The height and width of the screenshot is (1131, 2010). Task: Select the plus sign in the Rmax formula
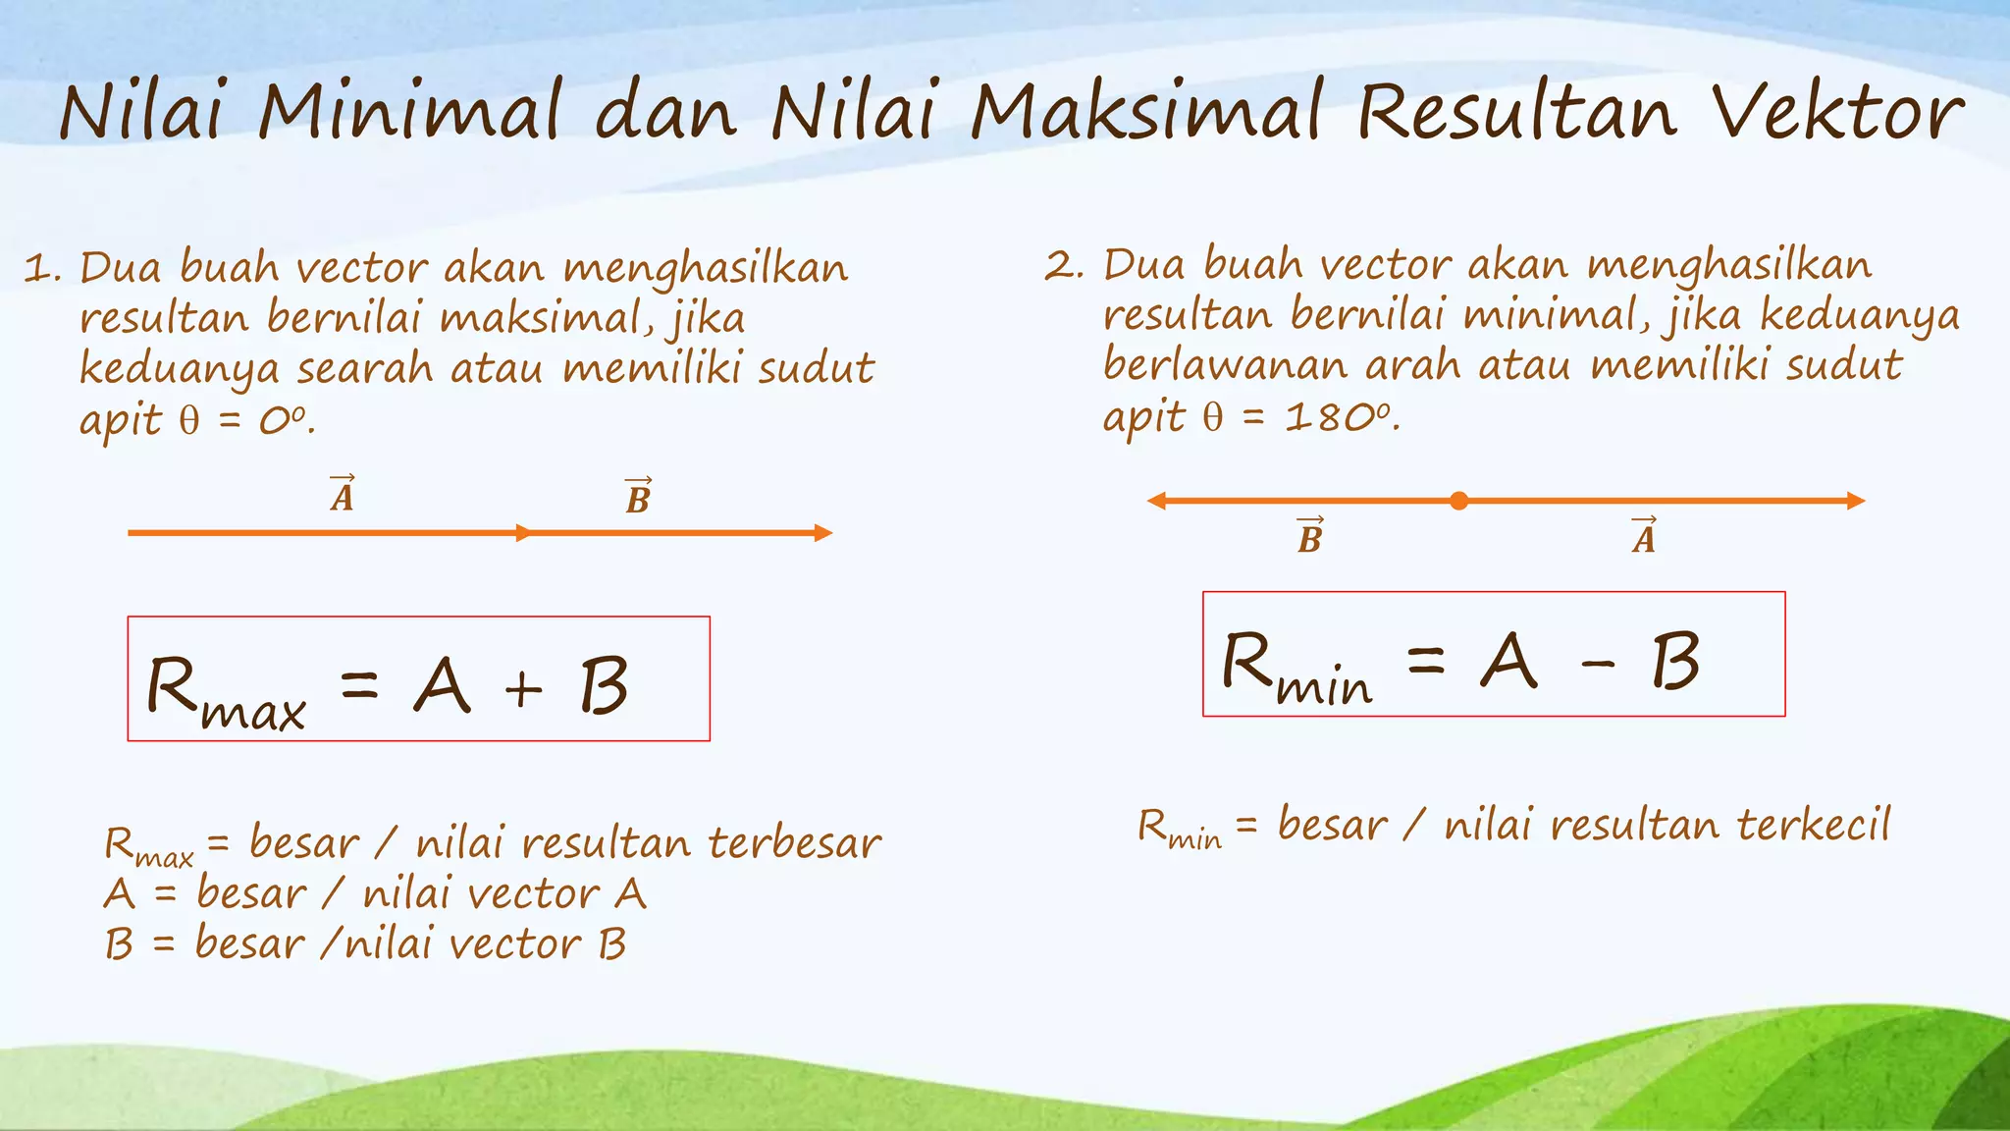[x=523, y=688]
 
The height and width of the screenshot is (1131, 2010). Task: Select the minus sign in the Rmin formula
[x=1598, y=666]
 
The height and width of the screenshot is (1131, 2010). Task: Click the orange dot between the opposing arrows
[x=1459, y=501]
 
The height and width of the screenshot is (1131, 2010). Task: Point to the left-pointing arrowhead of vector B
[x=1157, y=501]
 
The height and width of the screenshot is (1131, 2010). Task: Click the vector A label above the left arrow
[x=343, y=495]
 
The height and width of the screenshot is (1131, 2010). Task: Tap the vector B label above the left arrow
[x=638, y=497]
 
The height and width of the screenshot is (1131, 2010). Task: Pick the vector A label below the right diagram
[x=1644, y=536]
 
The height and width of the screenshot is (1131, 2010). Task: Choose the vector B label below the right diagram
[x=1310, y=536]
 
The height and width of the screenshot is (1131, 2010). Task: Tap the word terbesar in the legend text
[x=794, y=843]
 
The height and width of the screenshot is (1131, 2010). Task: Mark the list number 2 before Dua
[x=1060, y=266]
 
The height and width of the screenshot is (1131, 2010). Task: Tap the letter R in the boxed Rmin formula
[x=1246, y=660]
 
